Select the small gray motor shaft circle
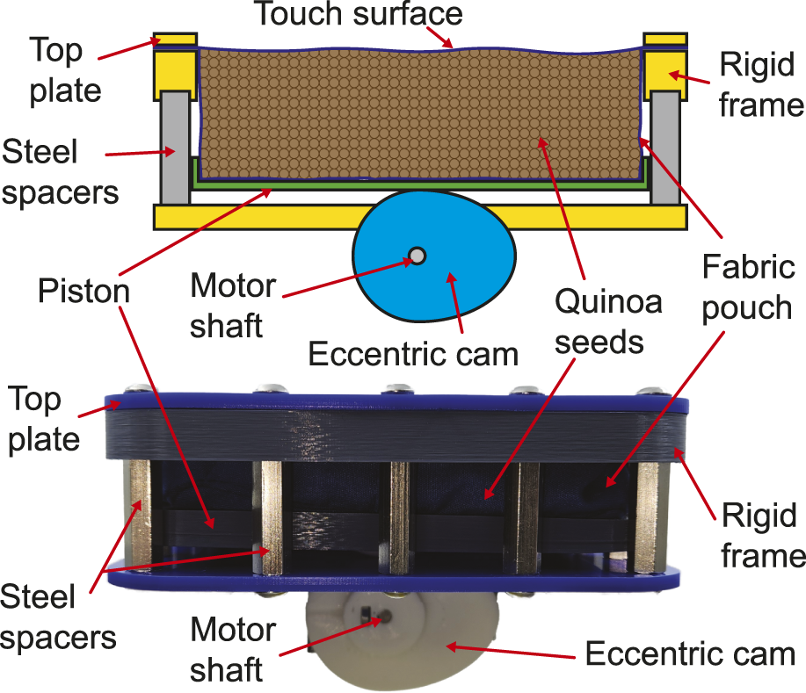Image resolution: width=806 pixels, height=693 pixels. pos(418,256)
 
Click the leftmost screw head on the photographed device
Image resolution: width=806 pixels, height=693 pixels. pos(136,390)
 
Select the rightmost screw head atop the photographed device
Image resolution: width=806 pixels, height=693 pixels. pos(651,392)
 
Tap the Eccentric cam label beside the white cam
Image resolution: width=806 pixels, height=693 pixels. pos(690,654)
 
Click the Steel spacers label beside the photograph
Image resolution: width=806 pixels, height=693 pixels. pos(57,618)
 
